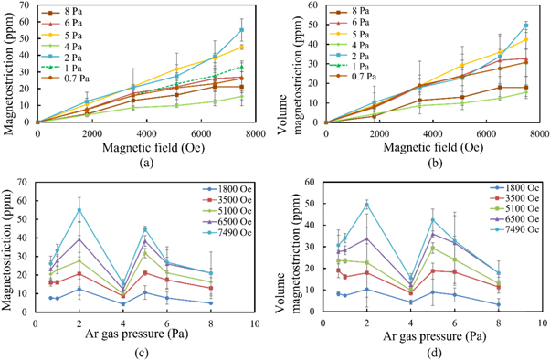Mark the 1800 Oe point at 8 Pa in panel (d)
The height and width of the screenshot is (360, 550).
(498, 304)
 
